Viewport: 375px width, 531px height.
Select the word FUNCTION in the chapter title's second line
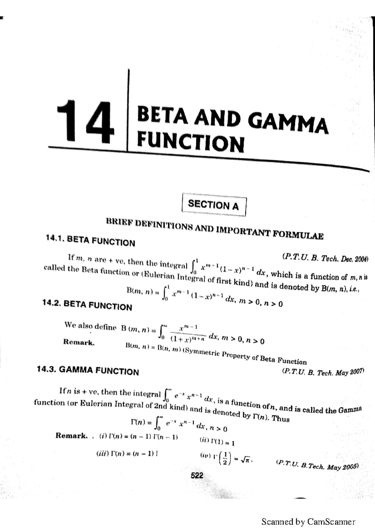[x=190, y=143]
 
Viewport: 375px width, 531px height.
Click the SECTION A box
[x=214, y=205]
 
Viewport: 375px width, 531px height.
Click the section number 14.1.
[x=55, y=239]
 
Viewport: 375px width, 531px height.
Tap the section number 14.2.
[x=52, y=304]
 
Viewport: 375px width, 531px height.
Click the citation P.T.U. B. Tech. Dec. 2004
[x=325, y=258]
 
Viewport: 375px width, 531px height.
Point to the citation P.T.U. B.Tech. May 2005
[x=317, y=465]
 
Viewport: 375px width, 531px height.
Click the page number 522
[x=197, y=475]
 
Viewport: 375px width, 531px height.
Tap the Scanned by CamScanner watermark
[x=308, y=522]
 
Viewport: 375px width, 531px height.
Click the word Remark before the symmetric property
[x=79, y=342]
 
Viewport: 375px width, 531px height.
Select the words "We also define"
[x=91, y=326]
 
